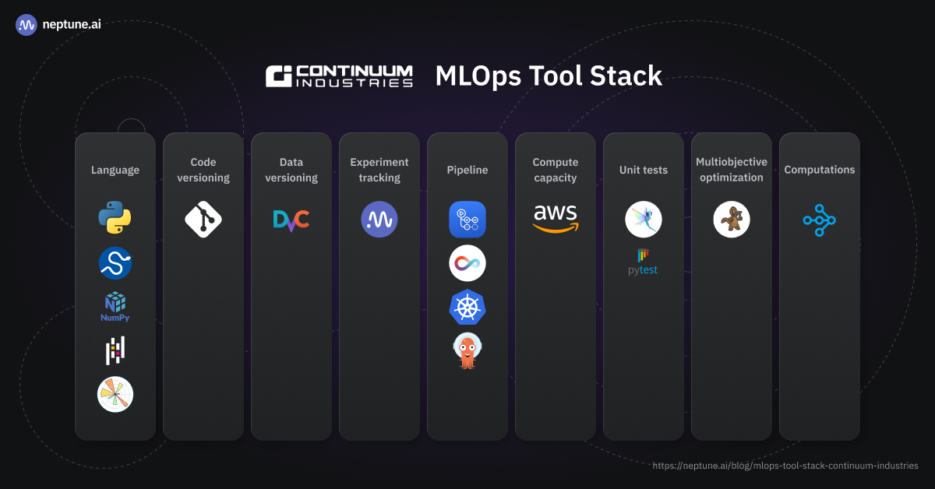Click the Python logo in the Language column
pyautogui.click(x=115, y=219)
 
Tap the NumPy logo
pyautogui.click(x=115, y=307)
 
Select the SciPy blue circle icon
pyautogui.click(x=115, y=263)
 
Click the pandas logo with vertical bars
pyautogui.click(x=115, y=350)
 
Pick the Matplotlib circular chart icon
pyautogui.click(x=115, y=394)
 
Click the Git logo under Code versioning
pyautogui.click(x=203, y=219)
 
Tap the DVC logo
pyautogui.click(x=291, y=220)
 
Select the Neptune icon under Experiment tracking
pyautogui.click(x=379, y=220)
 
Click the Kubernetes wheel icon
pyautogui.click(x=467, y=307)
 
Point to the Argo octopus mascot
pyautogui.click(x=467, y=351)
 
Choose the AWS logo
pyautogui.click(x=556, y=218)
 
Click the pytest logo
pyautogui.click(x=644, y=262)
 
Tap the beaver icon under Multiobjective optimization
pyautogui.click(x=732, y=220)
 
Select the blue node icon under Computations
pyautogui.click(x=820, y=220)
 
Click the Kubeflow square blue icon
pyautogui.click(x=467, y=220)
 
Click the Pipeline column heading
pyautogui.click(x=467, y=170)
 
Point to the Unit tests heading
pyautogui.click(x=644, y=170)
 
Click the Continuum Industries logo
pyautogui.click(x=339, y=76)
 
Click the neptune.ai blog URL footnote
pyautogui.click(x=785, y=466)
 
